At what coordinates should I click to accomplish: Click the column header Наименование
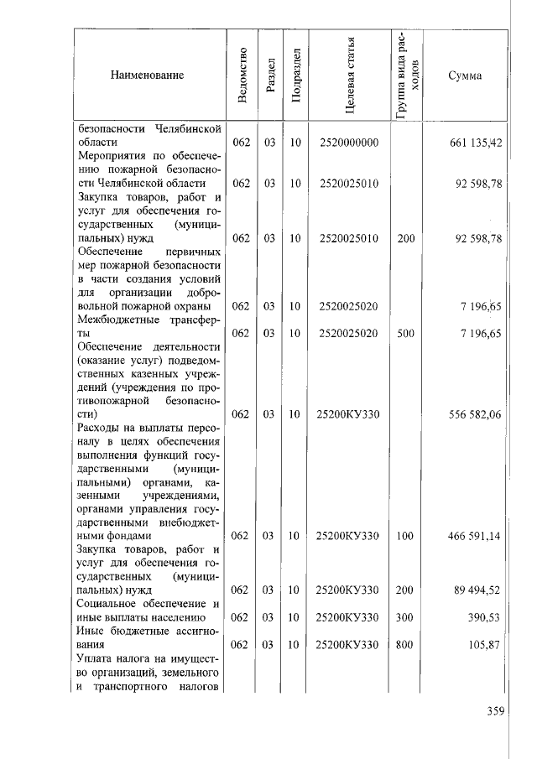click(x=146, y=75)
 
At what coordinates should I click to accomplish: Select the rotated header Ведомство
click(x=242, y=75)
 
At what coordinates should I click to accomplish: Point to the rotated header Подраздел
click(x=295, y=76)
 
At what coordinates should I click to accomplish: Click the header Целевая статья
click(x=350, y=75)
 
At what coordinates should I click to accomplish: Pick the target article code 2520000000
click(x=350, y=143)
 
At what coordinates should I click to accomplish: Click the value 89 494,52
click(x=477, y=590)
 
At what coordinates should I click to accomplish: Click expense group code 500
click(x=406, y=333)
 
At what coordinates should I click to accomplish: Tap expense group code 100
click(x=406, y=536)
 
